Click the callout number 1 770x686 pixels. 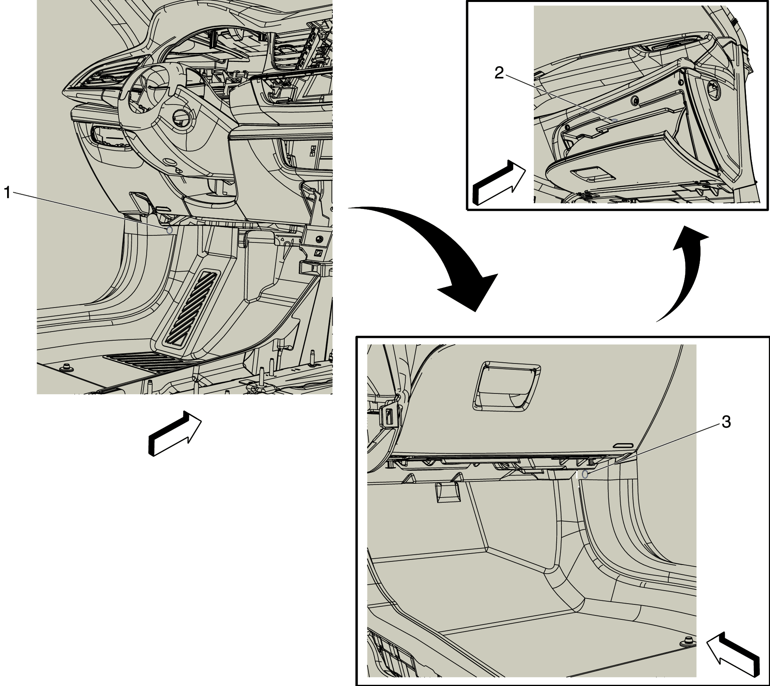click(7, 193)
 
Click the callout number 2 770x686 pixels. click(499, 73)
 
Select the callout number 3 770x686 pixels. click(726, 422)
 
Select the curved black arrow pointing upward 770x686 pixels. click(682, 272)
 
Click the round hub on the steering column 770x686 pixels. click(182, 118)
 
